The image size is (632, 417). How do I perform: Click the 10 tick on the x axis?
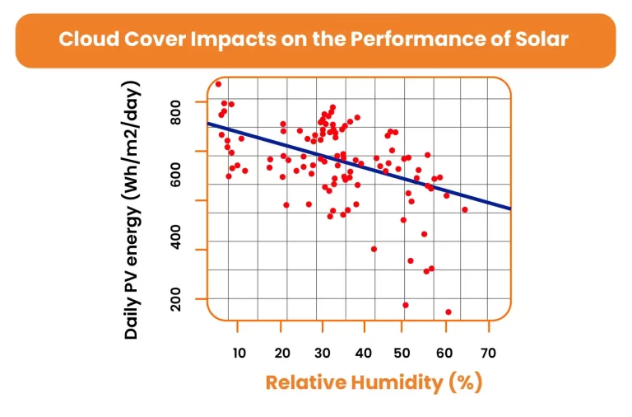pyautogui.click(x=239, y=354)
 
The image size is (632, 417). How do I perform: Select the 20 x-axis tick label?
pyautogui.click(x=281, y=354)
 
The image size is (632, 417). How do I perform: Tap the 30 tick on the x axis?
pyautogui.click(x=322, y=354)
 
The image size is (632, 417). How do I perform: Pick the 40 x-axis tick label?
pyautogui.click(x=363, y=354)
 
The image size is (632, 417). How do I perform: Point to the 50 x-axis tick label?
pyautogui.click(x=404, y=354)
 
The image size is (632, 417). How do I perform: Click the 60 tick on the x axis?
pyautogui.click(x=445, y=354)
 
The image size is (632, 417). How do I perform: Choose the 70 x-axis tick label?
pyautogui.click(x=488, y=354)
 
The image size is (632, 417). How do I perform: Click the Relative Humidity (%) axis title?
pyautogui.click(x=374, y=382)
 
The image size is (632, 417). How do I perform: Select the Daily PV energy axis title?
pyautogui.click(x=132, y=210)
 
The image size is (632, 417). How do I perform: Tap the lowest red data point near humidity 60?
pyautogui.click(x=448, y=312)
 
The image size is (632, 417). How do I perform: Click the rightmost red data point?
pyautogui.click(x=465, y=209)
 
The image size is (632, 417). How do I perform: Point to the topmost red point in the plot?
pyautogui.click(x=218, y=84)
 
